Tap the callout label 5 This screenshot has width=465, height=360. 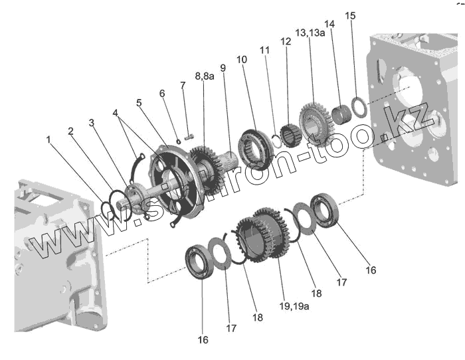[x=139, y=103]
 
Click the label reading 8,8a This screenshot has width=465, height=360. [x=205, y=77]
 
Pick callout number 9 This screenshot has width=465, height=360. [x=223, y=68]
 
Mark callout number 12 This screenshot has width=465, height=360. [x=286, y=41]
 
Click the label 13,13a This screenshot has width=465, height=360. [x=311, y=33]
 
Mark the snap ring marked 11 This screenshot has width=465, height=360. [x=276, y=141]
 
